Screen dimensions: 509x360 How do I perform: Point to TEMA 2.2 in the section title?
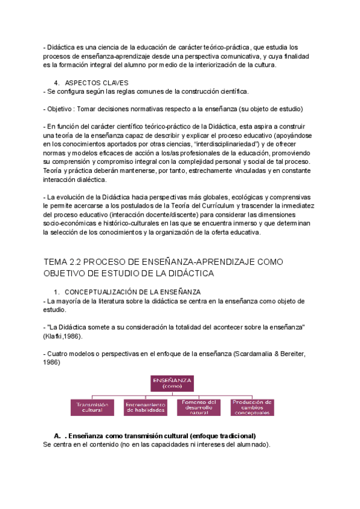coord(65,262)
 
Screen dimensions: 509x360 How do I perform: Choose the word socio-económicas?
coord(71,224)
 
